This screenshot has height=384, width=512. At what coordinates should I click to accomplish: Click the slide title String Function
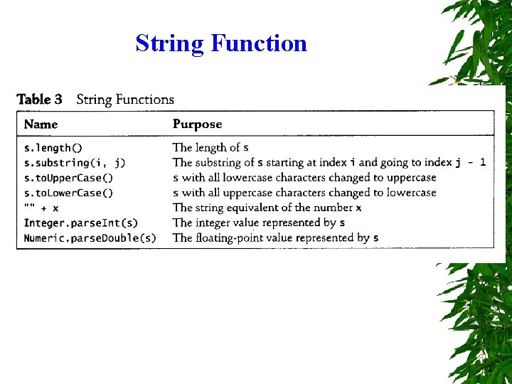[221, 43]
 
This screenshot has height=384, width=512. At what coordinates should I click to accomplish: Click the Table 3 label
[40, 100]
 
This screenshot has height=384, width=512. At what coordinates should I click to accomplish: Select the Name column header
[41, 124]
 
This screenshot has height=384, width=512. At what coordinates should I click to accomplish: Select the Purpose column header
[197, 124]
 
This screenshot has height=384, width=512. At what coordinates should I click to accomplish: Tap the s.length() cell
[53, 148]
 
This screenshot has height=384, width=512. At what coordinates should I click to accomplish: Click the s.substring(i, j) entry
[75, 163]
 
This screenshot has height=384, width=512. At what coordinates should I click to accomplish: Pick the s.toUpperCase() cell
[69, 178]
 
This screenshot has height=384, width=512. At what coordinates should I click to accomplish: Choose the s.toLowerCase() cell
[69, 193]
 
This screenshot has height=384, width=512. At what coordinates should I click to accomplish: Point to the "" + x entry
[41, 208]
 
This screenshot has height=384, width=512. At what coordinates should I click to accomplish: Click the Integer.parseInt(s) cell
[81, 223]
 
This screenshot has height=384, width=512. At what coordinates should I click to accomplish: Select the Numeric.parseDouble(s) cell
[90, 238]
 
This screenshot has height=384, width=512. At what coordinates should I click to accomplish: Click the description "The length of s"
[210, 148]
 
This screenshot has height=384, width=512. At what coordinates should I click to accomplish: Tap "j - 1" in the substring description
[471, 163]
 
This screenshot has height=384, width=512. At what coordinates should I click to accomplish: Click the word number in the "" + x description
[333, 208]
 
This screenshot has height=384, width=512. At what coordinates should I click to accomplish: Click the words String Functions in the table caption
[125, 100]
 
